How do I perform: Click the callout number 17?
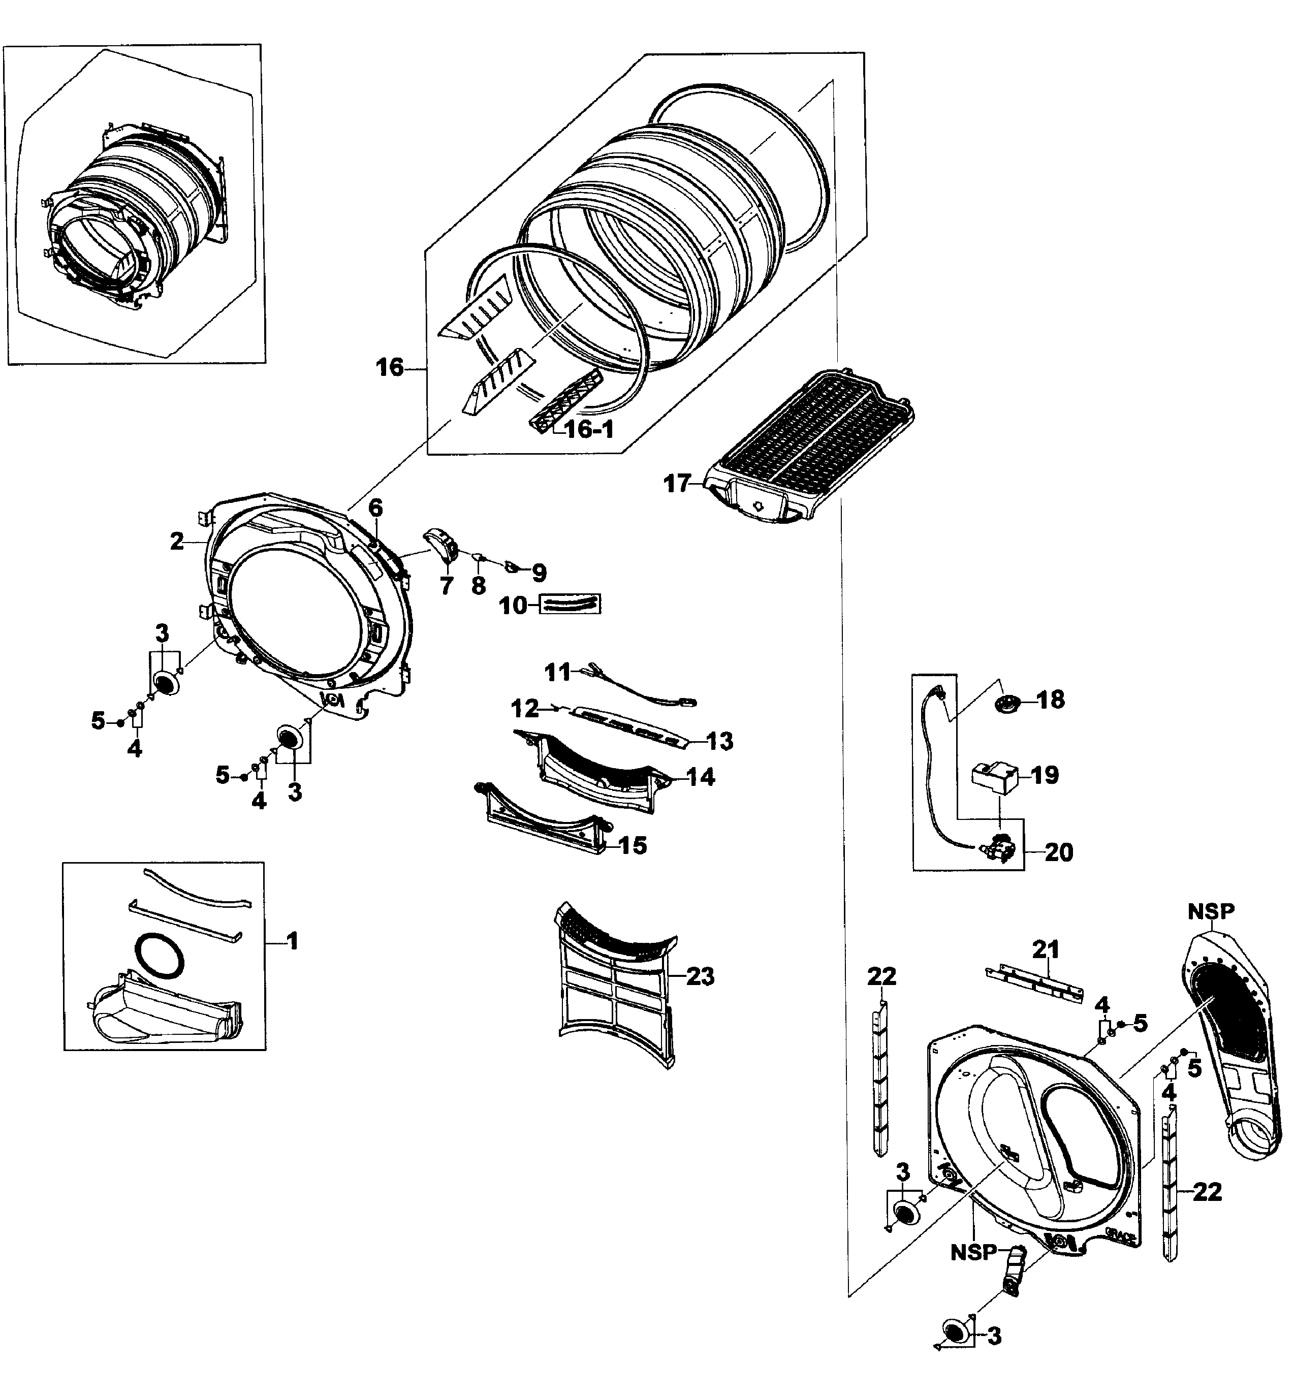pos(677,484)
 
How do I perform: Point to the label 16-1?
pos(589,429)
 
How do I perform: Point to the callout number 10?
pos(513,606)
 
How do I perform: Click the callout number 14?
pos(701,777)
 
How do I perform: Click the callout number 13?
pos(720,741)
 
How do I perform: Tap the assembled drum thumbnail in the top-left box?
pos(133,210)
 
